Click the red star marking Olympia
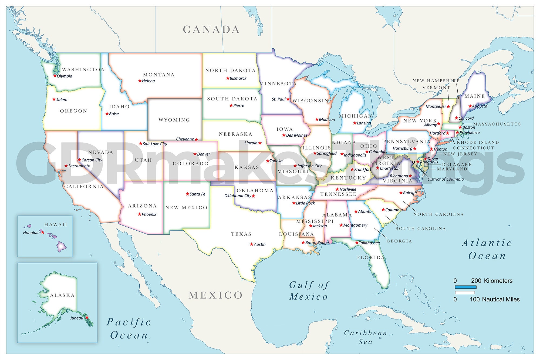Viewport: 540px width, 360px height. (55, 76)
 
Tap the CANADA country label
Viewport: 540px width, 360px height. (211, 30)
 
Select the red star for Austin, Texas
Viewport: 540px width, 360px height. (252, 244)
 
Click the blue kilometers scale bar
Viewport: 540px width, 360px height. (465, 287)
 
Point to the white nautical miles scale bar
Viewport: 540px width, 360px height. (465, 292)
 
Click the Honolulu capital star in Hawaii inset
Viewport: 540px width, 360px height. (42, 232)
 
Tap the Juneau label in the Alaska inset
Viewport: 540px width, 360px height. (76, 318)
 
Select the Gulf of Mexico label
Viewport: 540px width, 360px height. (309, 291)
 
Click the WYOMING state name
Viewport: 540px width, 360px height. (174, 120)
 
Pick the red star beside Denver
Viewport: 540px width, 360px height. (195, 154)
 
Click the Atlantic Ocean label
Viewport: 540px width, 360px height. (487, 249)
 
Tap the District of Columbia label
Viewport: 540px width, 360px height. (446, 179)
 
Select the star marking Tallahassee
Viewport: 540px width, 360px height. (357, 243)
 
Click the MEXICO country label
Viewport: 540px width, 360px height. (215, 295)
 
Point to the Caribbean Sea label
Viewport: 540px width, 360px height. (366, 337)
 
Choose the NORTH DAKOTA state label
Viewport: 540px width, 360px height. (230, 70)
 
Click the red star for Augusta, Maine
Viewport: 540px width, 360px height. (470, 106)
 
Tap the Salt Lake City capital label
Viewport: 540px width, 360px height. (155, 144)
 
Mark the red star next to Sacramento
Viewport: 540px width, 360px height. (66, 166)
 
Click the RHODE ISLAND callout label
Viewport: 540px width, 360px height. (478, 142)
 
